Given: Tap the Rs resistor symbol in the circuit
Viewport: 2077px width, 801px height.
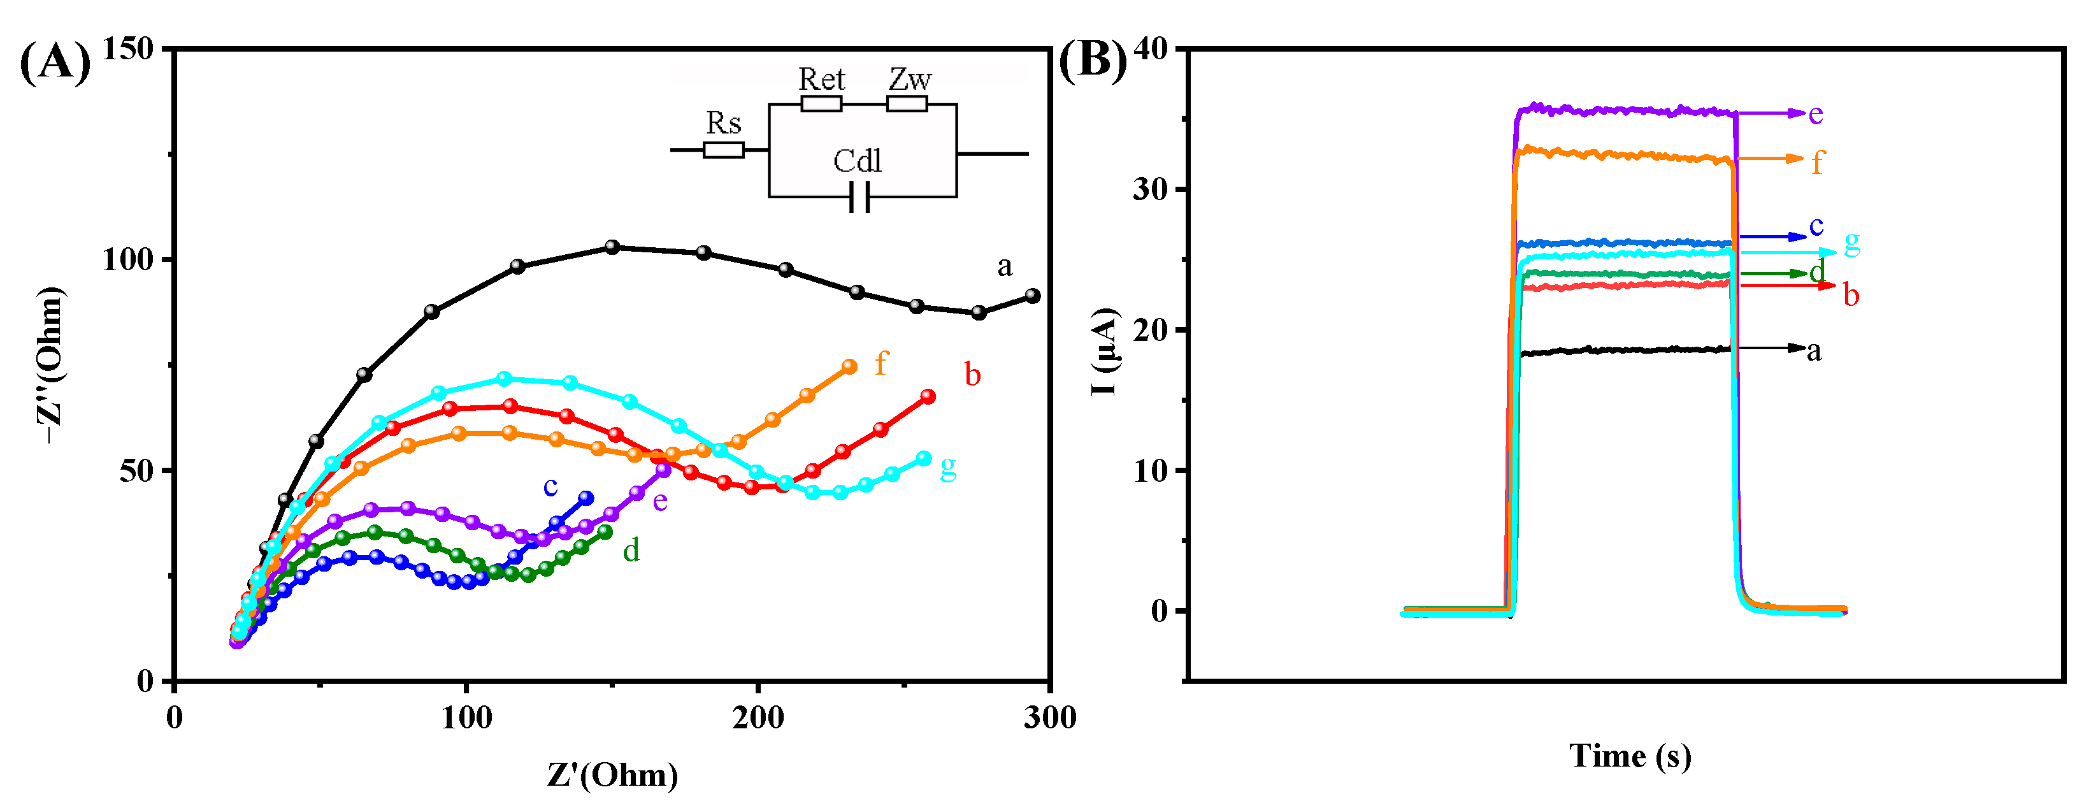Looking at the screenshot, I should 723,150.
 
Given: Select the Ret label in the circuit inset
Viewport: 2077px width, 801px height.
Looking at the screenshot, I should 821,80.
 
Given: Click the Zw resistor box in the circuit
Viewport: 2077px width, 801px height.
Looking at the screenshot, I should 907,103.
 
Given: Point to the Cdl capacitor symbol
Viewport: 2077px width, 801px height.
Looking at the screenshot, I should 859,197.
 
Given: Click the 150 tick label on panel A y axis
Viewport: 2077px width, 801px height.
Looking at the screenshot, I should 128,49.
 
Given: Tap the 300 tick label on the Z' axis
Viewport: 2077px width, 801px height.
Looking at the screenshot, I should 1049,717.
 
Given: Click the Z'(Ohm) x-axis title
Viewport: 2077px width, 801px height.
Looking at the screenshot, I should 612,774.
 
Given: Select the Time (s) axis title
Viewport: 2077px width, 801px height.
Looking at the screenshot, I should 1630,756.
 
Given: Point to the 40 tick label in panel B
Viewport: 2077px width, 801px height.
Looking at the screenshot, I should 1151,48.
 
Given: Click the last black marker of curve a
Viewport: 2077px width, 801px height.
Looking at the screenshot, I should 1032,296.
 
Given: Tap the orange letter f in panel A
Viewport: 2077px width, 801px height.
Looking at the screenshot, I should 880,364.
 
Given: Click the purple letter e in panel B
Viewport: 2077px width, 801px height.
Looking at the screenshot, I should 1816,115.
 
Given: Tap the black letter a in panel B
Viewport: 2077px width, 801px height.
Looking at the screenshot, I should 1814,351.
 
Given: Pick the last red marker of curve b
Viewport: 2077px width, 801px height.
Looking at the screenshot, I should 928,396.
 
